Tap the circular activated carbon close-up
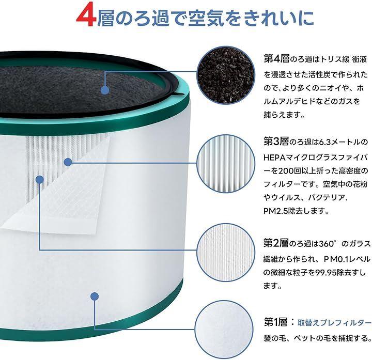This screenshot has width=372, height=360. [226, 75]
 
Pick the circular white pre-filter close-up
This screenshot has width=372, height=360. [224, 330]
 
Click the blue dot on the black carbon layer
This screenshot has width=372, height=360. [105, 90]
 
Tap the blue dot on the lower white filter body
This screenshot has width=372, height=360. [95, 296]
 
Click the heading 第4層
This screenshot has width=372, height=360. [276, 58]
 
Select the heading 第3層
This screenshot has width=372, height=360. [276, 142]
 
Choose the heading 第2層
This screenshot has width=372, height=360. [276, 243]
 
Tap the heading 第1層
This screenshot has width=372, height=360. [275, 322]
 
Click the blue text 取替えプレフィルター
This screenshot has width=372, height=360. [334, 323]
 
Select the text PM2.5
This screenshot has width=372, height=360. [275, 211]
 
